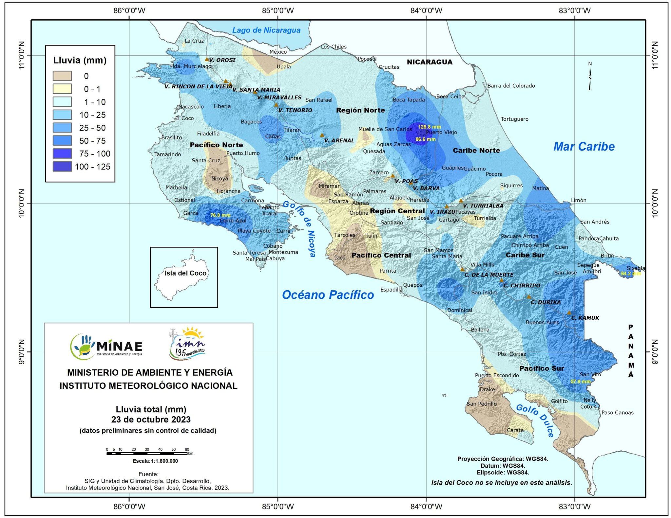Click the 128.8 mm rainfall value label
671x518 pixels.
[x=429, y=127]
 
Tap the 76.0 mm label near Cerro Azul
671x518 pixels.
[x=220, y=215]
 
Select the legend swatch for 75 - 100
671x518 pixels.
[x=62, y=154]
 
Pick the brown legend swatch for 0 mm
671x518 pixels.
[x=62, y=76]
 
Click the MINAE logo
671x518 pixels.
[x=106, y=346]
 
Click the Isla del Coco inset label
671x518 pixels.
[x=185, y=273]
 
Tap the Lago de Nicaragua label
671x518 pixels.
[x=266, y=30]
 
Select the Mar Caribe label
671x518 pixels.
[x=584, y=147]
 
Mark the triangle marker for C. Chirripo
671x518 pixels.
[x=501, y=280]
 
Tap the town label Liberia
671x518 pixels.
[x=222, y=106]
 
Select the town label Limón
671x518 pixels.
[x=579, y=200]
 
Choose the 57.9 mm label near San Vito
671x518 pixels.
[x=581, y=382]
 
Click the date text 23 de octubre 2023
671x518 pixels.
[x=151, y=420]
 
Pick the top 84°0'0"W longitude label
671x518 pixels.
[x=426, y=10]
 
